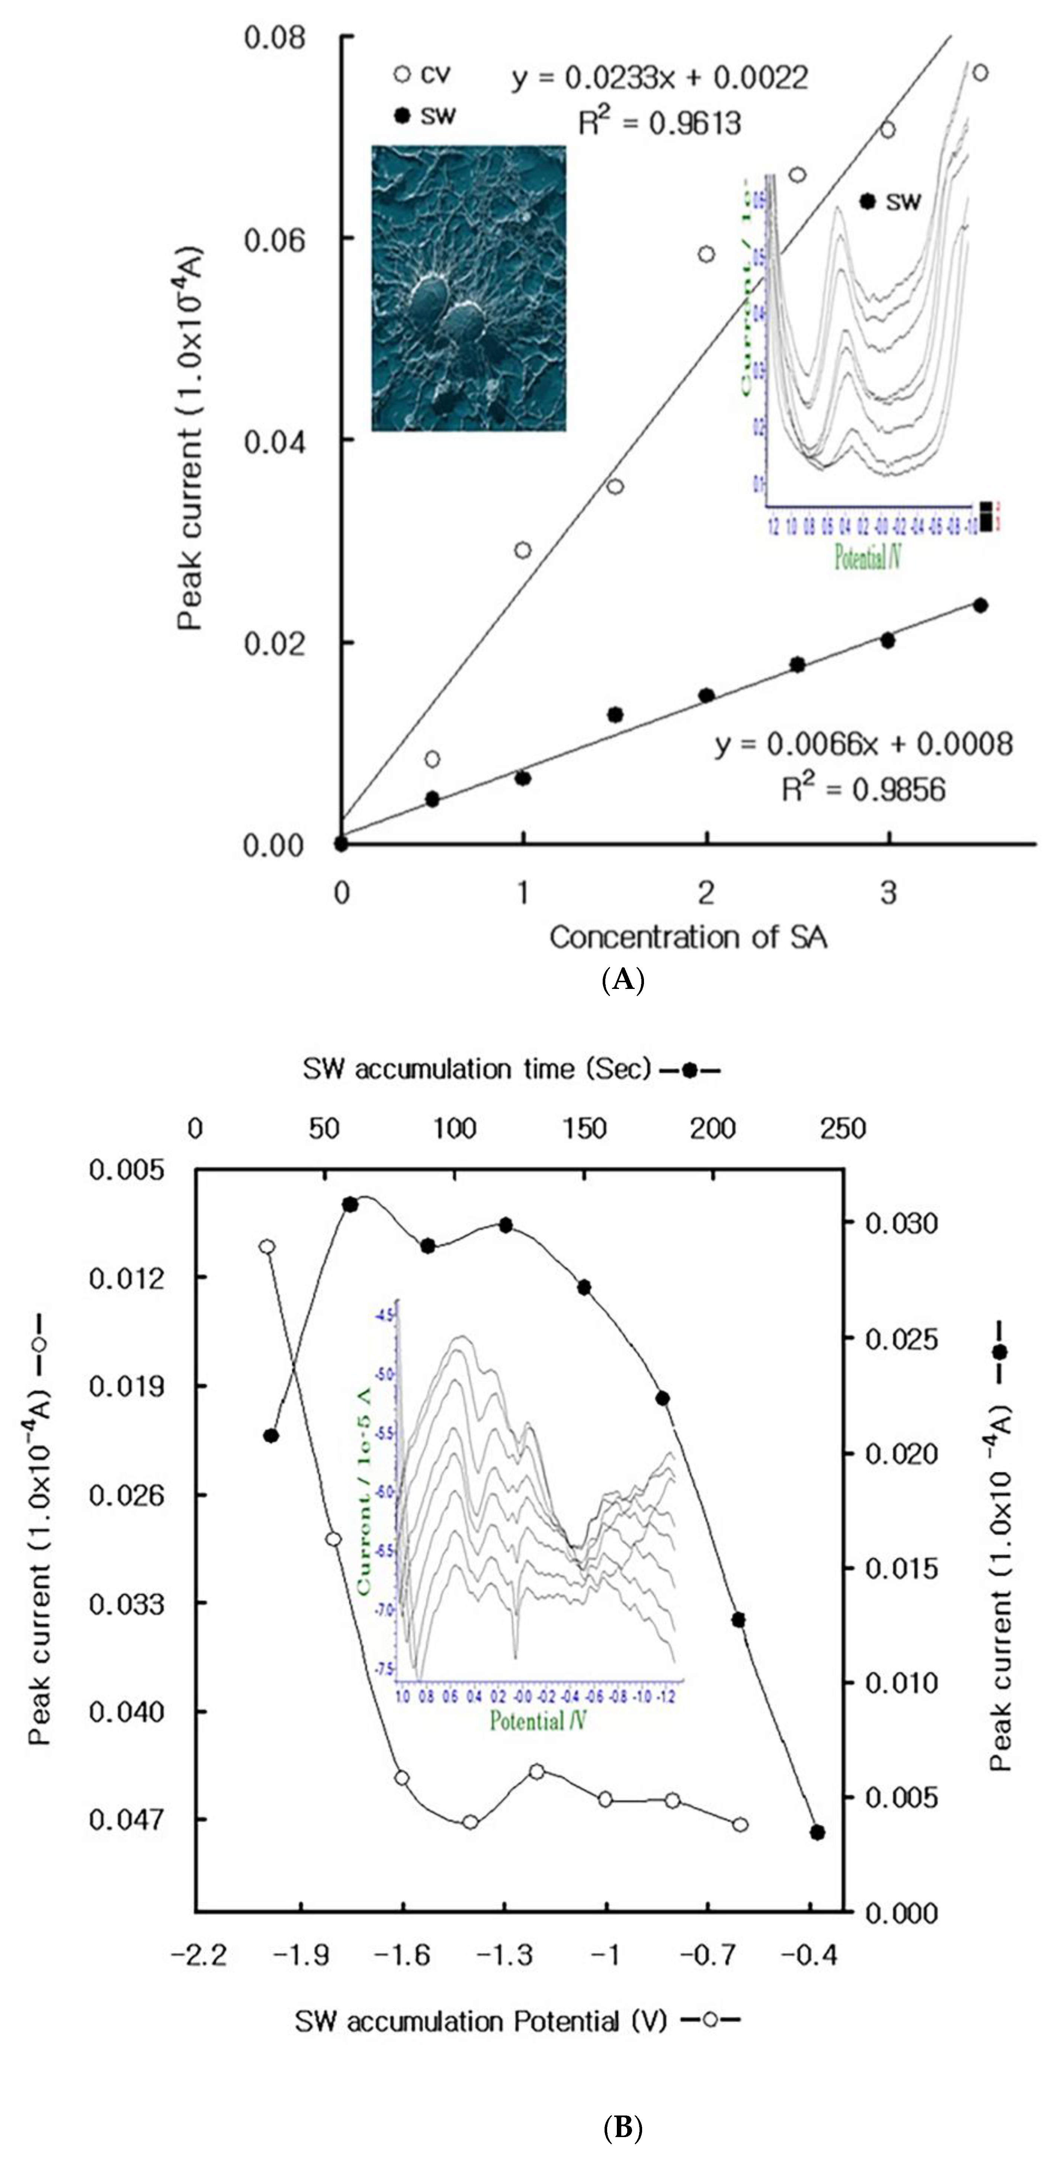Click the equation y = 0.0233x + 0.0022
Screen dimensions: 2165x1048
tap(660, 78)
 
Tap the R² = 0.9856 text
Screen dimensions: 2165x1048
tap(863, 789)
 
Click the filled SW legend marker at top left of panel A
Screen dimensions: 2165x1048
tap(403, 116)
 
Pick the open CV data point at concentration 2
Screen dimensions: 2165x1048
tap(706, 254)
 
